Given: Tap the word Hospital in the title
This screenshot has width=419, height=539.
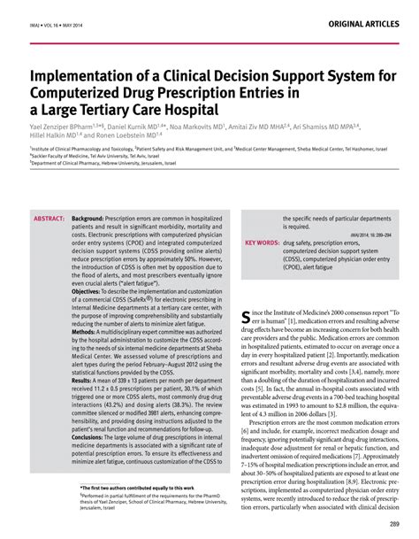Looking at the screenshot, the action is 185,110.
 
